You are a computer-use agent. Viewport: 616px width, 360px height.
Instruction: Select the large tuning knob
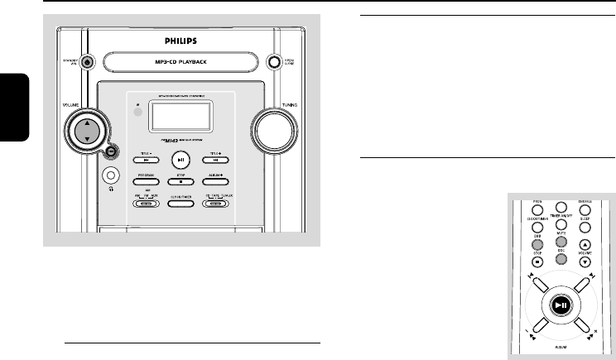(x=275, y=130)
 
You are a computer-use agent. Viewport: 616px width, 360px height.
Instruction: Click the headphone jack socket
(x=109, y=176)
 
